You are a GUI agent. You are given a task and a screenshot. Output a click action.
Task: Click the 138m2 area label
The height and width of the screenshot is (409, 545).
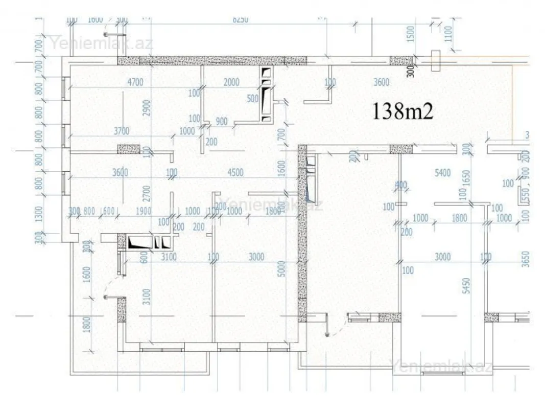coord(403,111)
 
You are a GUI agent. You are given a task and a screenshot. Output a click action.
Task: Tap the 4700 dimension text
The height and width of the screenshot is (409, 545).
coord(135,82)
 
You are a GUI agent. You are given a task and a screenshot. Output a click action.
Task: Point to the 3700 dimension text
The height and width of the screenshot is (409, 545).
coord(121,131)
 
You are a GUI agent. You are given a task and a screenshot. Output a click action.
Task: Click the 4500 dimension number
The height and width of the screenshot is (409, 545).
coord(235,172)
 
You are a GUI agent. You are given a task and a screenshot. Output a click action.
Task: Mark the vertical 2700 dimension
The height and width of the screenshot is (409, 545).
coord(147,192)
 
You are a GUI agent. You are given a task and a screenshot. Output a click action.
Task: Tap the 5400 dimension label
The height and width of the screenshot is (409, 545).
coord(442,173)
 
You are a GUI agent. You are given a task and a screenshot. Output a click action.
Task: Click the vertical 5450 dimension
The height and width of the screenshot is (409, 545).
coord(465,289)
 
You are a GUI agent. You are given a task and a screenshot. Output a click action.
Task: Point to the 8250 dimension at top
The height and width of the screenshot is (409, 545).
coord(240,19)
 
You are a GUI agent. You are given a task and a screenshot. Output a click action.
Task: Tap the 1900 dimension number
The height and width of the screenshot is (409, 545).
coord(144,211)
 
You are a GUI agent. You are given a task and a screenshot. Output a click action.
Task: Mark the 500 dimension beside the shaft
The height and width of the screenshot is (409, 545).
coord(253,98)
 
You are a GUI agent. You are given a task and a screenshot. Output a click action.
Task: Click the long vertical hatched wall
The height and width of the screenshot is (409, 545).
coord(302,233)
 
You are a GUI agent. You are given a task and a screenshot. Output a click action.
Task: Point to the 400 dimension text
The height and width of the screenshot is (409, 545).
coord(401,185)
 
